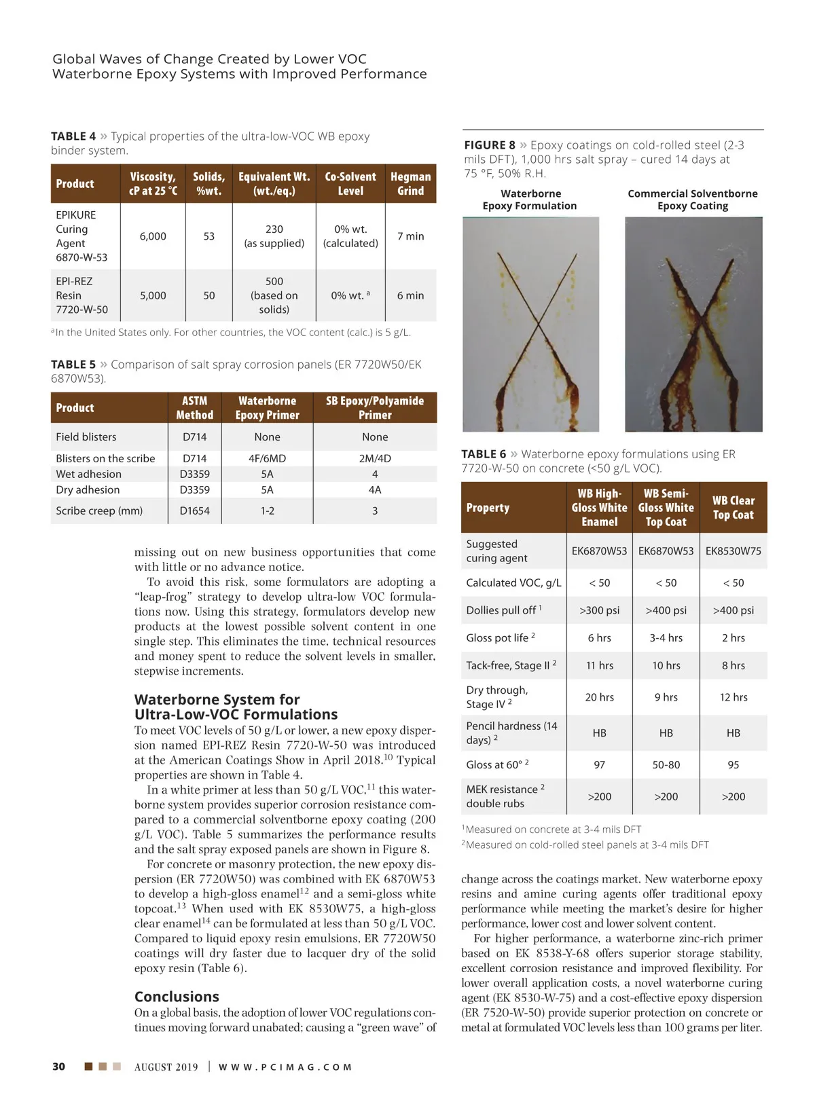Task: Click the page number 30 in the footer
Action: click(59, 1066)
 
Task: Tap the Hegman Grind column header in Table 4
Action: click(410, 183)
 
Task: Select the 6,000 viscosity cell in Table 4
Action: click(153, 236)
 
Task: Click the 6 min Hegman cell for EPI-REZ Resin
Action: click(410, 295)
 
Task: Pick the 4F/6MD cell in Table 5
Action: click(267, 458)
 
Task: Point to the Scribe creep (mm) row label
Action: click(99, 511)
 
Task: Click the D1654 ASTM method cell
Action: click(194, 511)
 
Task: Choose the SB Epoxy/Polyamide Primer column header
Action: click(374, 407)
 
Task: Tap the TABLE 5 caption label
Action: click(73, 365)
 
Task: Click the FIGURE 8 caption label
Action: click(490, 145)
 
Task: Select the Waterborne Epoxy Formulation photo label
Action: click(530, 200)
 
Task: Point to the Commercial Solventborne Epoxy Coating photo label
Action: click(692, 200)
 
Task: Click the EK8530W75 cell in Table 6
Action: click(733, 551)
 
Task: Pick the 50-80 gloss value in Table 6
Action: click(666, 764)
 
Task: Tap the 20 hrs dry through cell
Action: click(599, 697)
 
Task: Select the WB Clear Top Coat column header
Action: click(733, 508)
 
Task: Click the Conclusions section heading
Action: click(177, 997)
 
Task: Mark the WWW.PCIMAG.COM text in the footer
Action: click(285, 1067)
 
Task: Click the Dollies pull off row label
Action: click(503, 610)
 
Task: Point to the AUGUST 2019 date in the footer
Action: click(166, 1067)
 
